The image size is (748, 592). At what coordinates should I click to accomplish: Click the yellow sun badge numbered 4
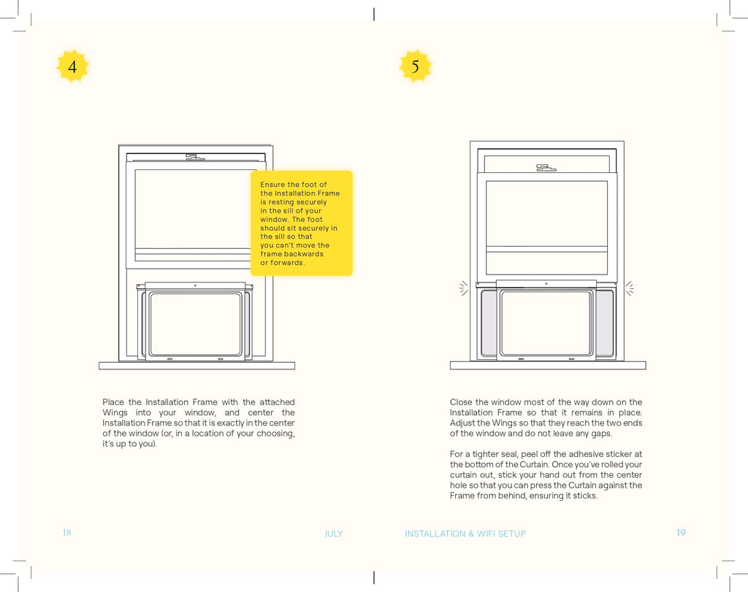(72, 66)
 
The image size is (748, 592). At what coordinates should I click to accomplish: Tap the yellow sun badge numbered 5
(415, 66)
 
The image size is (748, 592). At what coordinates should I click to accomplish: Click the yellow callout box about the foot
(302, 223)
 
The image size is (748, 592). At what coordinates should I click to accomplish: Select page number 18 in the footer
(66, 532)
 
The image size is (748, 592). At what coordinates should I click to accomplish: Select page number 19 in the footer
(681, 532)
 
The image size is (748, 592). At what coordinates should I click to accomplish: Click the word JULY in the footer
(333, 534)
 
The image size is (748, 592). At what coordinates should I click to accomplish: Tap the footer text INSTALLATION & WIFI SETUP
(465, 534)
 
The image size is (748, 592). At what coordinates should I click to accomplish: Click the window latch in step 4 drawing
(194, 157)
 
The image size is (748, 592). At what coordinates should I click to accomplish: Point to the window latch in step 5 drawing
(546, 168)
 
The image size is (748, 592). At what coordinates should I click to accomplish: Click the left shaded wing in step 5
(489, 323)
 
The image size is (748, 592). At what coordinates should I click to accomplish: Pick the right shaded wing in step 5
(605, 323)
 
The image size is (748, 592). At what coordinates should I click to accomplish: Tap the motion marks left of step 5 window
(463, 288)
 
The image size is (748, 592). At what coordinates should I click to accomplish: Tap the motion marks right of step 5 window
(630, 288)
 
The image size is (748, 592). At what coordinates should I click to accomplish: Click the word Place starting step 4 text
(113, 401)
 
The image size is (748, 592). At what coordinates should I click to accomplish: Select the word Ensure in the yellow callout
(272, 185)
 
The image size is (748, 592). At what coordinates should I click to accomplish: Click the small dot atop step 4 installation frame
(194, 285)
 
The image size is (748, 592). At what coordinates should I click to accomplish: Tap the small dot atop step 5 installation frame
(546, 284)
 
